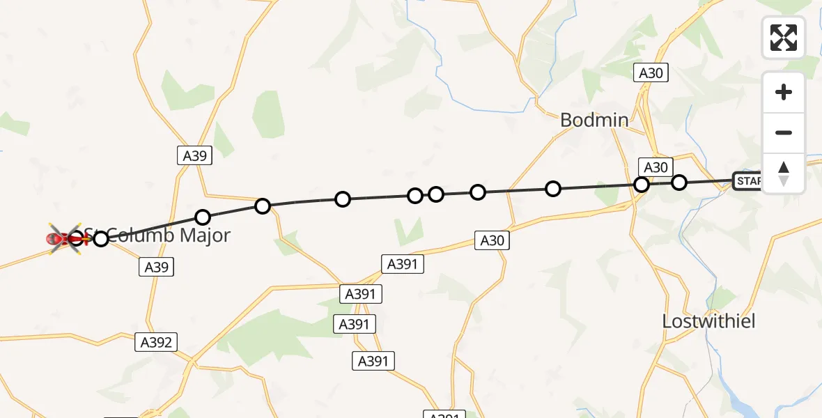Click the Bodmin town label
pos(594,120)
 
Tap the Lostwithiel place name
pos(708,321)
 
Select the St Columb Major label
pos(160,235)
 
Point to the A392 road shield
pos(156,342)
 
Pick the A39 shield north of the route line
pos(194,156)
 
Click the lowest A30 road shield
pos(492,241)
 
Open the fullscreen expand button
pos(784,37)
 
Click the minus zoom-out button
pos(784,133)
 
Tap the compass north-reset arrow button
pos(784,173)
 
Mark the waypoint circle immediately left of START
pos(679,183)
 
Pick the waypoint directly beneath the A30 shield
pos(642,185)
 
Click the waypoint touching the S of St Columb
pos(101,239)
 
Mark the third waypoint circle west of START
pos(553,188)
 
